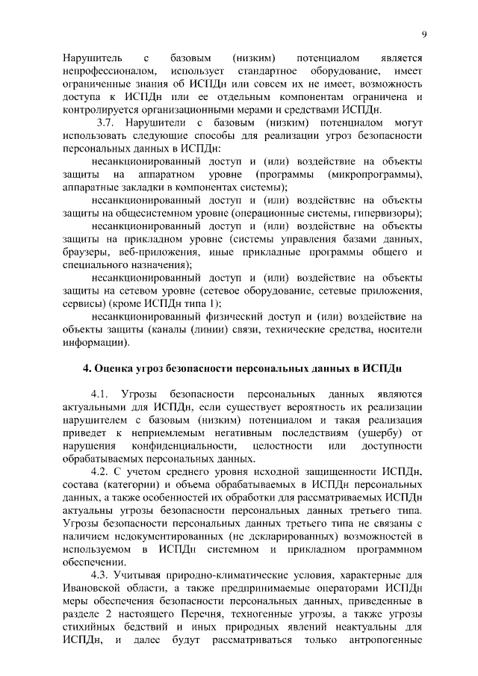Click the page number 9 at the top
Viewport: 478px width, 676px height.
tap(423, 34)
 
